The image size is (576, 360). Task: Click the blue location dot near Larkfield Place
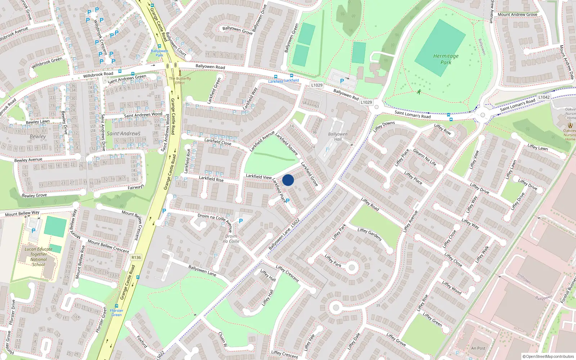point(288,180)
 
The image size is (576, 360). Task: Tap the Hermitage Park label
point(446,59)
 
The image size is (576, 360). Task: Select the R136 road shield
point(136,257)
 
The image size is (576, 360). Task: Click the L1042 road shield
point(544,97)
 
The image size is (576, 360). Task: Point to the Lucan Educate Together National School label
point(39,257)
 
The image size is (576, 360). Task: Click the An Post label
point(478,348)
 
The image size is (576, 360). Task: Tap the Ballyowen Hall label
point(338,136)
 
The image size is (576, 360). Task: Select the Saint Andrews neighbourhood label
point(123,134)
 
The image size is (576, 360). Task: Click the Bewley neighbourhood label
point(38,136)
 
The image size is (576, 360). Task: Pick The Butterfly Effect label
point(180,80)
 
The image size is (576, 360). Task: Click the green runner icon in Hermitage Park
point(419,92)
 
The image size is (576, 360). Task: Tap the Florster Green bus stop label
point(116,312)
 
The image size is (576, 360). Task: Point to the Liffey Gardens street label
point(369,234)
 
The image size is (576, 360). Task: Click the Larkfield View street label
point(258,176)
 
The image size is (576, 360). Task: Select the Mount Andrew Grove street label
point(517,15)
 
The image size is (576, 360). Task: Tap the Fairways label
point(136,187)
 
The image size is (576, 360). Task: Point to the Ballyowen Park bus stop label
point(159,53)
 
